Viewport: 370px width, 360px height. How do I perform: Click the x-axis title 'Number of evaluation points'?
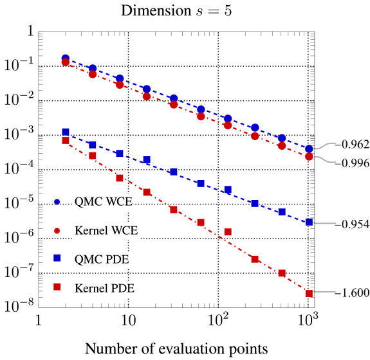176,348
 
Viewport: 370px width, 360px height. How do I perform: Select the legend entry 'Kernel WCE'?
106,230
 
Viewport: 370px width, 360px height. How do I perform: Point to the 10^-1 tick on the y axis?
19,64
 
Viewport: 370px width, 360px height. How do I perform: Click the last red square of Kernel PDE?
309,294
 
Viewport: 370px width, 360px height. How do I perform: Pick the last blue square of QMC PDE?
309,222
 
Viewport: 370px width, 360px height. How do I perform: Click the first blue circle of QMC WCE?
66,58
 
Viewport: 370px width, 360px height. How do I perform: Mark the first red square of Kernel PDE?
66,140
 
